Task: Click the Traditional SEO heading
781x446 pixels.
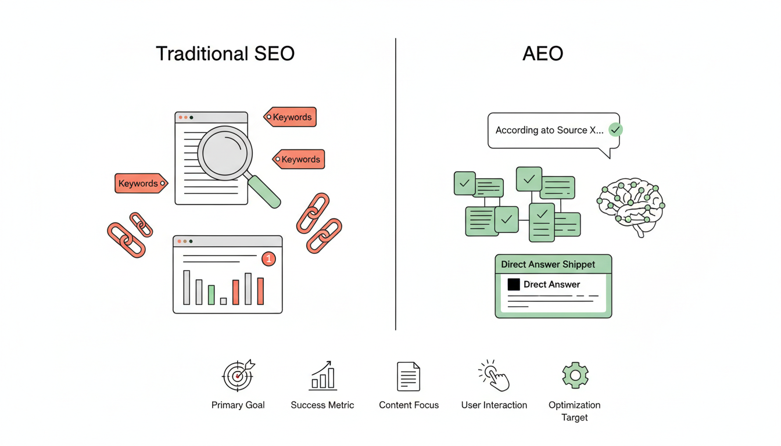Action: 225,53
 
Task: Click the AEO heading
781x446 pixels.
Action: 542,53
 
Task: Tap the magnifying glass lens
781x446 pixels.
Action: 225,153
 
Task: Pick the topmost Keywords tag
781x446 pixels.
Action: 291,117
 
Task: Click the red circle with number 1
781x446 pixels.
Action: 268,259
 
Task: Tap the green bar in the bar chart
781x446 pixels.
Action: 212,294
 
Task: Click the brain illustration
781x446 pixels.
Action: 631,206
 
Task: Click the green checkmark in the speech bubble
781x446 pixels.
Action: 615,130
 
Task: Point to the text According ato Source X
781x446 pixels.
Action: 549,130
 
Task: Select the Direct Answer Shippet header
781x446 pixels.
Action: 548,264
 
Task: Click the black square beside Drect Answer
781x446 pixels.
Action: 514,285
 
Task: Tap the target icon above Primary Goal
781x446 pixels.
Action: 238,375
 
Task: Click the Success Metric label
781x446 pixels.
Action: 322,405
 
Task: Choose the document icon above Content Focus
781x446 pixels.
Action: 409,376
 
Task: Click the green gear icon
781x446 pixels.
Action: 575,376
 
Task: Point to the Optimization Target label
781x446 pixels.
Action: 574,411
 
